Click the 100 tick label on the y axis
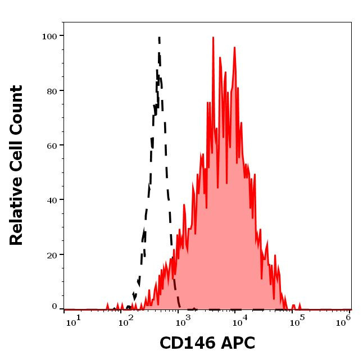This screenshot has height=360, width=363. click(50, 37)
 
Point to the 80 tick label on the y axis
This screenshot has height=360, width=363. click(52, 91)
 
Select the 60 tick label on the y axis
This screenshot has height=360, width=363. click(52, 145)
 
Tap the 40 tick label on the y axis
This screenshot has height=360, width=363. click(52, 200)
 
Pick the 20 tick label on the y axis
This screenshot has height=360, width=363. click(52, 254)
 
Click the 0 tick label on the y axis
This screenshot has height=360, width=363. click(55, 307)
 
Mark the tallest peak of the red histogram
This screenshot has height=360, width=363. click(214, 38)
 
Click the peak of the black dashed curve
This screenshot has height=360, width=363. click(159, 38)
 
